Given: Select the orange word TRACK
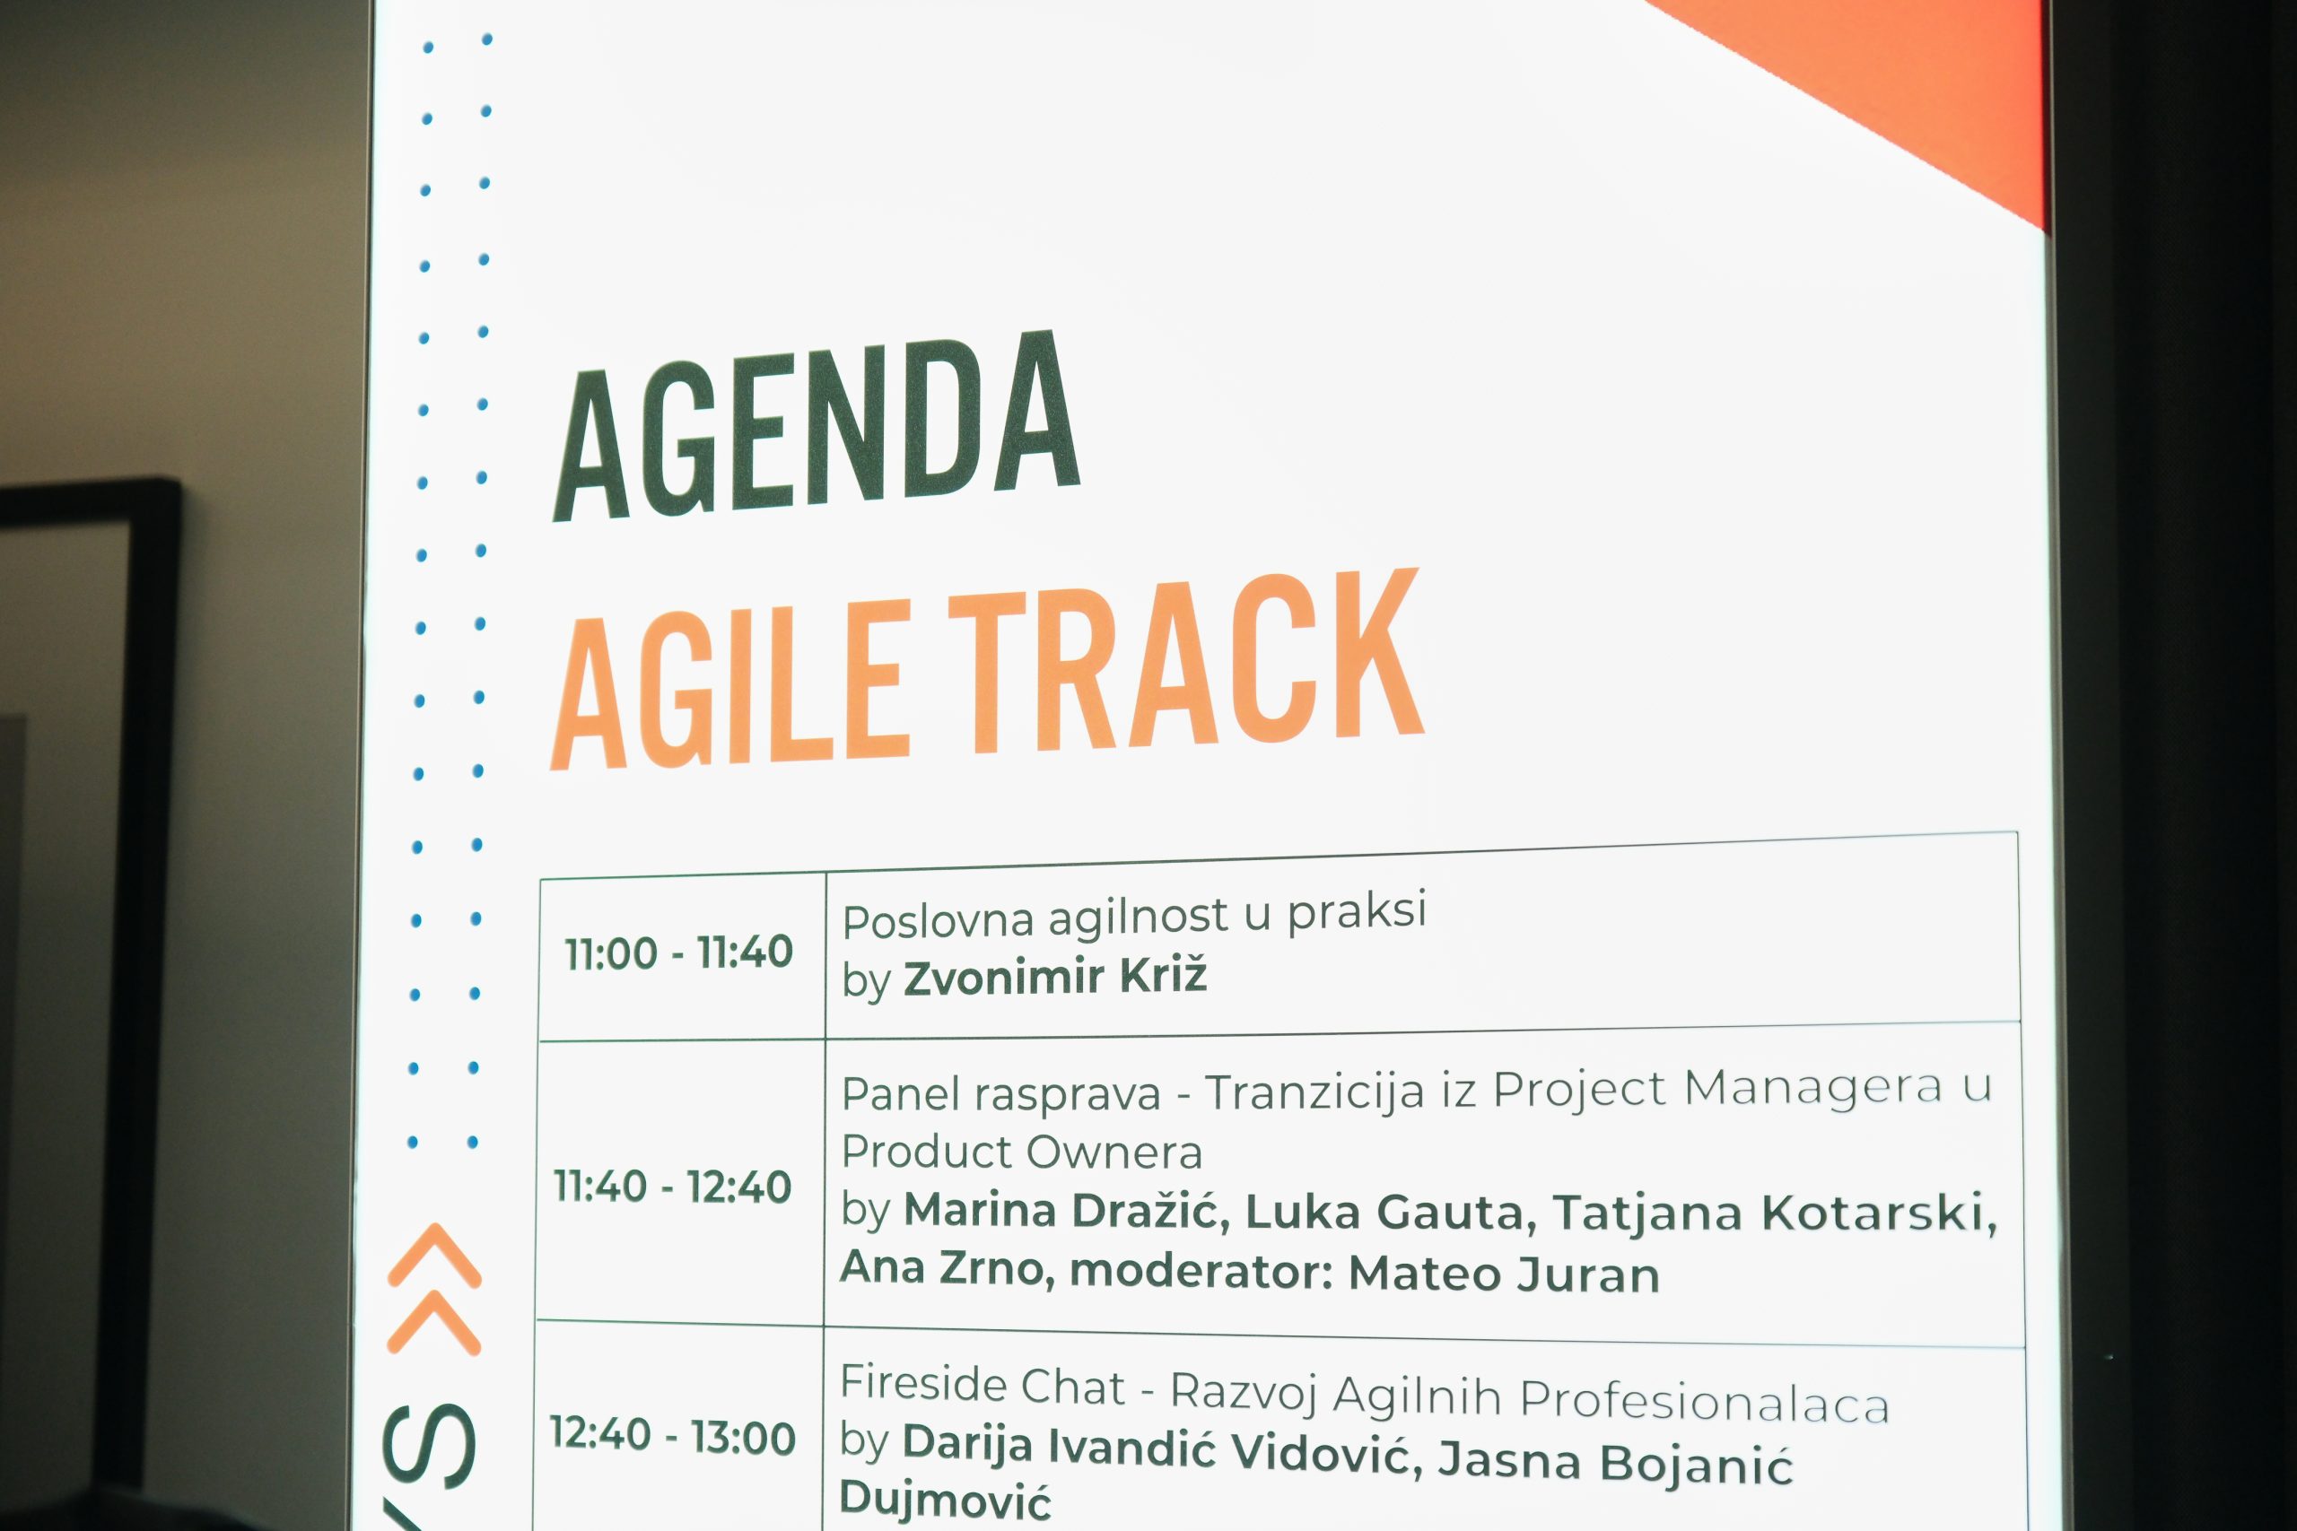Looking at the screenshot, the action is tap(1185, 661).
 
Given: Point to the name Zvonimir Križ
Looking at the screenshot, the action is tap(1055, 978).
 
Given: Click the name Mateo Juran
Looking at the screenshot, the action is tap(1504, 1274).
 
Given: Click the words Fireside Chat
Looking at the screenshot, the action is tap(983, 1386).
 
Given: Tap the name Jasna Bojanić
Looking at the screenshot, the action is tap(1615, 1462).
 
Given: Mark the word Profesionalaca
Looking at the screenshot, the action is tap(1705, 1401).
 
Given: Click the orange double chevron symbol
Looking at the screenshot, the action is tap(434, 1290).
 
